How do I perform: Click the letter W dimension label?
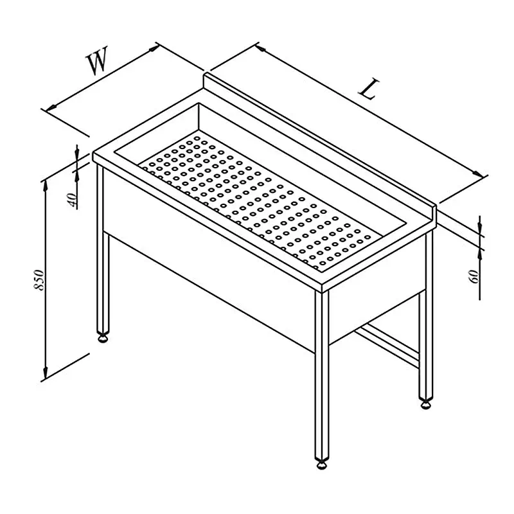tap(97, 60)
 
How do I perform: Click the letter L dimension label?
tap(369, 89)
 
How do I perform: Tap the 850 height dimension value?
tap(39, 279)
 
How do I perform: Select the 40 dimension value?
tap(73, 200)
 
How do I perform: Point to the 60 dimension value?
tap(474, 276)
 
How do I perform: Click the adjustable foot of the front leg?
tap(322, 465)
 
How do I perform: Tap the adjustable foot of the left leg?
tap(103, 338)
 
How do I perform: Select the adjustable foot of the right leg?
tap(426, 405)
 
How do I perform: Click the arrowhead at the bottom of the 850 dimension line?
tap(45, 372)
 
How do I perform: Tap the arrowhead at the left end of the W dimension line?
tap(51, 108)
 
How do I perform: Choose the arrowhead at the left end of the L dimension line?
tap(261, 49)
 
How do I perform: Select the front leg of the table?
tap(322, 375)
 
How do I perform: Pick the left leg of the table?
tap(103, 249)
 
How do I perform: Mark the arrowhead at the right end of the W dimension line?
tap(154, 49)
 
